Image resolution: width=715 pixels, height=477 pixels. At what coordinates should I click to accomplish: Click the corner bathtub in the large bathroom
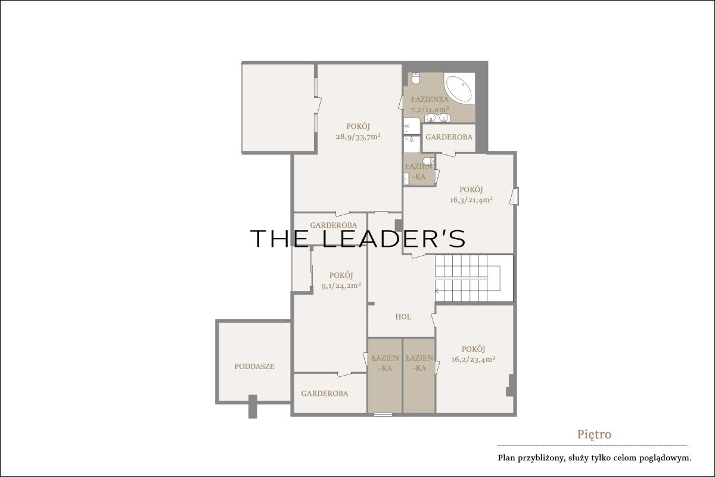click(x=458, y=88)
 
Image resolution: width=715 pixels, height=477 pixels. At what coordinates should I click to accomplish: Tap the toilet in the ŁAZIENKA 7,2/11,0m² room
click(x=415, y=78)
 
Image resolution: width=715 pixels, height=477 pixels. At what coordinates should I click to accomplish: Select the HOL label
click(x=403, y=317)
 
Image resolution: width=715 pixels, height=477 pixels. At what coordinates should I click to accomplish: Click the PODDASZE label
click(x=254, y=367)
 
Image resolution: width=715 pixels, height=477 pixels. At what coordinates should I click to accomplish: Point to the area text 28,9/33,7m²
click(x=358, y=137)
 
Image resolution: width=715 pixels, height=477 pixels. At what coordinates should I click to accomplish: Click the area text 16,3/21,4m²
click(x=471, y=200)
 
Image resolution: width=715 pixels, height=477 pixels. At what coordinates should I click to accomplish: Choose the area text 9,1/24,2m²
click(x=341, y=286)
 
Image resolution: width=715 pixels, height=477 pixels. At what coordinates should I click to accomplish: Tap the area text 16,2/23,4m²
click(x=473, y=360)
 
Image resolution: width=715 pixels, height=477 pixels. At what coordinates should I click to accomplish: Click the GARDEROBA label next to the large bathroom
click(x=449, y=137)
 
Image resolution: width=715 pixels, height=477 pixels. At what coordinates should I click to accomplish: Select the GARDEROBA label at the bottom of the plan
click(x=325, y=394)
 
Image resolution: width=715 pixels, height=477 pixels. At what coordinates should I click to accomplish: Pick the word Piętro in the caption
click(x=594, y=435)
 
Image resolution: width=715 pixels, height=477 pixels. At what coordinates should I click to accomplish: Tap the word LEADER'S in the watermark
click(x=394, y=238)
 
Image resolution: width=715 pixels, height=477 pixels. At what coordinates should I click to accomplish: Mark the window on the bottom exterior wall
click(x=383, y=415)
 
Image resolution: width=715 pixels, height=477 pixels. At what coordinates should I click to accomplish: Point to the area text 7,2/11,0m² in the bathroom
click(x=430, y=110)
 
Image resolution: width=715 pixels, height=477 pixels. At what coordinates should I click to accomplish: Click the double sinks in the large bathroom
click(x=437, y=118)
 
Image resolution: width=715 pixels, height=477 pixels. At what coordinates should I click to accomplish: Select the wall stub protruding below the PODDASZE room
click(x=253, y=407)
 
